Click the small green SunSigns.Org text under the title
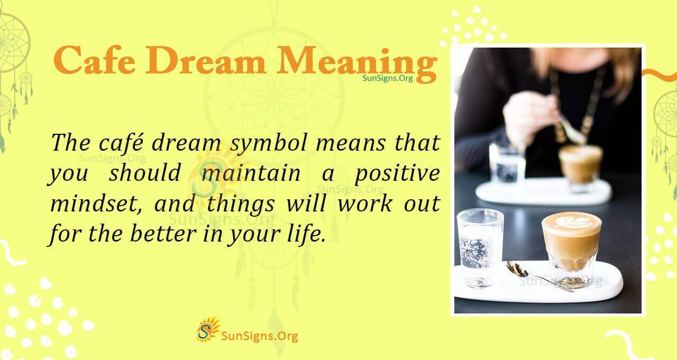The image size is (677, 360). point(388,78)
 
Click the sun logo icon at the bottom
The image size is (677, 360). point(207,329)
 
